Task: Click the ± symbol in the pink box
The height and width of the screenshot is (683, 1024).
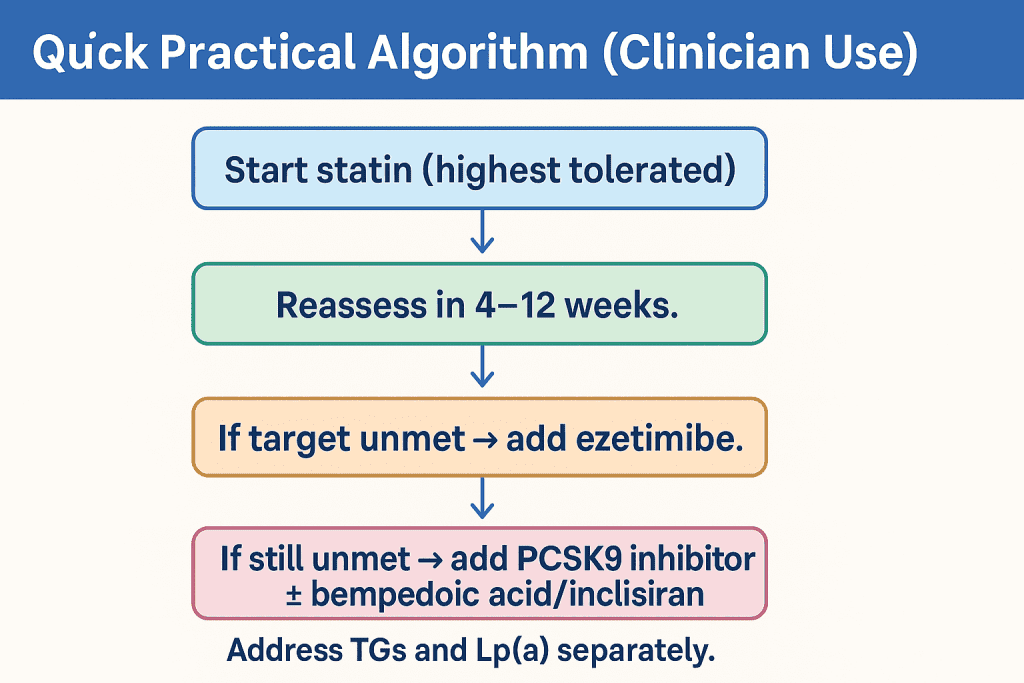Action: coord(294,594)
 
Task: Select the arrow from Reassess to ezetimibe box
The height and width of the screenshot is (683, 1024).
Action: coord(482,367)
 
